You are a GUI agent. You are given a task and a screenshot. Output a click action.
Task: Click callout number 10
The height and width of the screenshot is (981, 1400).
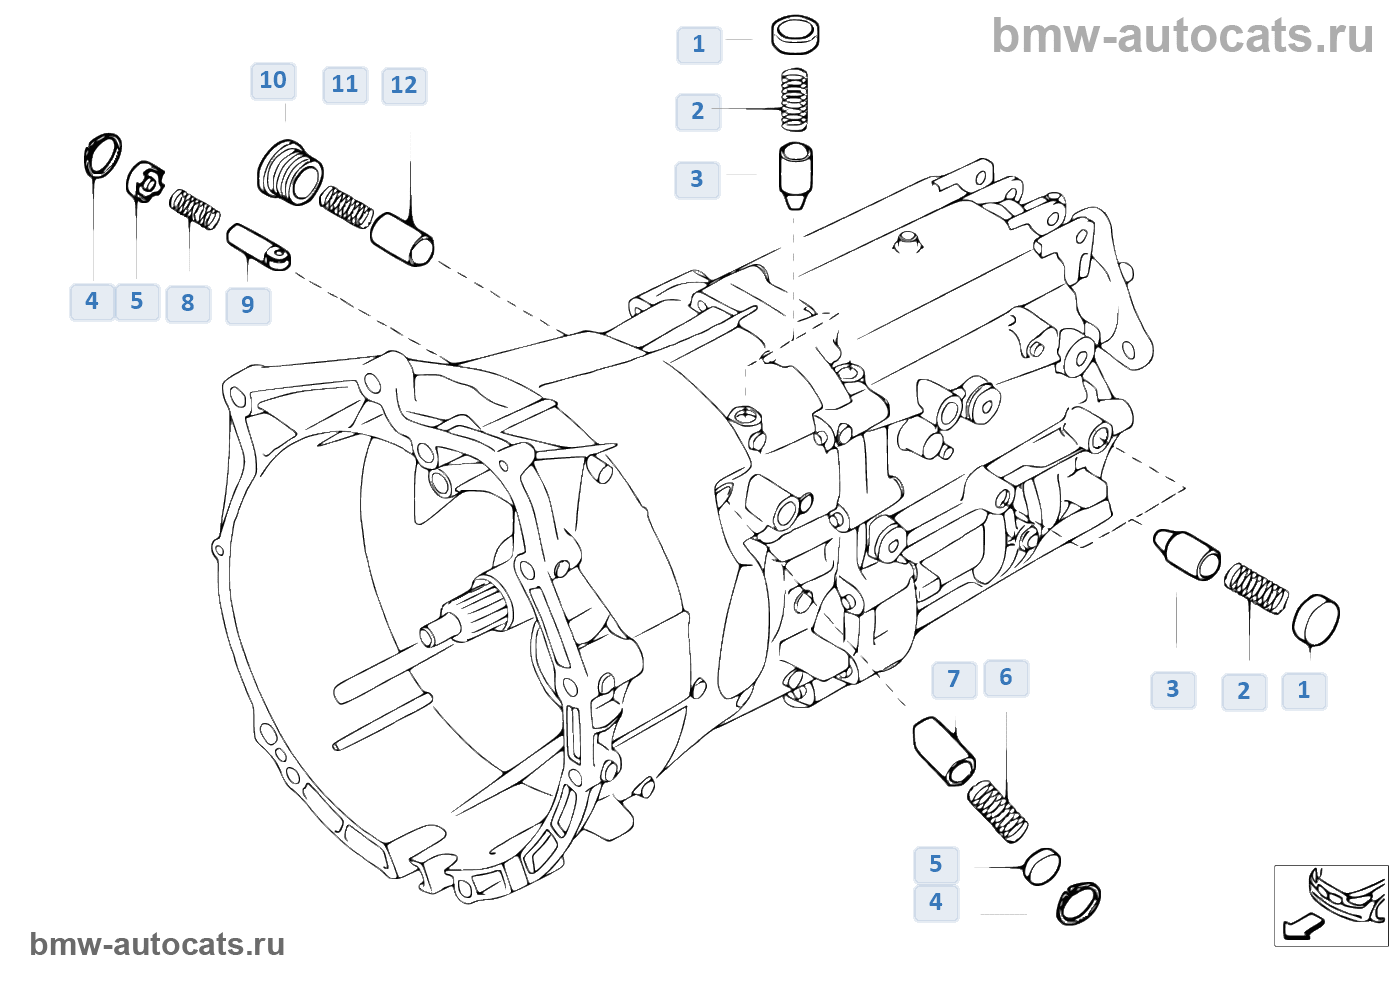[273, 81]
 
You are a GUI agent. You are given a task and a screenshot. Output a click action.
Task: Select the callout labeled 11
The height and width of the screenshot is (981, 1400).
[345, 85]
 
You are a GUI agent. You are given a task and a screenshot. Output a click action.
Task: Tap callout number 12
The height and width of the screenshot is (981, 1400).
[404, 86]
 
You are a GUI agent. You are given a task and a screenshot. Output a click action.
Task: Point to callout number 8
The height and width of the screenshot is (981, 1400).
[188, 304]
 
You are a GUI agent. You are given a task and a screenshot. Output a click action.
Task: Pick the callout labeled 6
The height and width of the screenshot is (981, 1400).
[1006, 678]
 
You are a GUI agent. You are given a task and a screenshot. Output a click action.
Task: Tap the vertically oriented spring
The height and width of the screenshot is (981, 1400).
[794, 100]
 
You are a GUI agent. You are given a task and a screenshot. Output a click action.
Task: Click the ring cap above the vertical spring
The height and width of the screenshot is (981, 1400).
[795, 36]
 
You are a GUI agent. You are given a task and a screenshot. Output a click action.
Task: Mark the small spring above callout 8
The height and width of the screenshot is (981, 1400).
[194, 209]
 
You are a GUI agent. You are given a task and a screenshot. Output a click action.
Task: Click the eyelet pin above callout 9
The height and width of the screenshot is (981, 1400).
[258, 247]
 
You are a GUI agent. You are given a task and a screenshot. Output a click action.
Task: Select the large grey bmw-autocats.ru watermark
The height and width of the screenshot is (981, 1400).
[1182, 36]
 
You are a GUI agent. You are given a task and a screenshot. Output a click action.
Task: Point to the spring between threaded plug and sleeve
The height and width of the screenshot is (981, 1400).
[346, 207]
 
